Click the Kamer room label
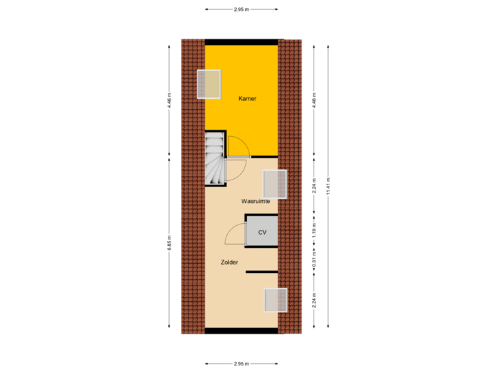247,99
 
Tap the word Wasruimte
255,201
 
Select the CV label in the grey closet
262,233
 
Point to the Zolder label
229,262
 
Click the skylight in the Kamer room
209,84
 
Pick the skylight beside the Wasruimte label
275,184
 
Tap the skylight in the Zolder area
275,300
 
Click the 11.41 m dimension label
329,186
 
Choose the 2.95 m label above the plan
241,10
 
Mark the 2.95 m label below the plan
241,363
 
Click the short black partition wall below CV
262,272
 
